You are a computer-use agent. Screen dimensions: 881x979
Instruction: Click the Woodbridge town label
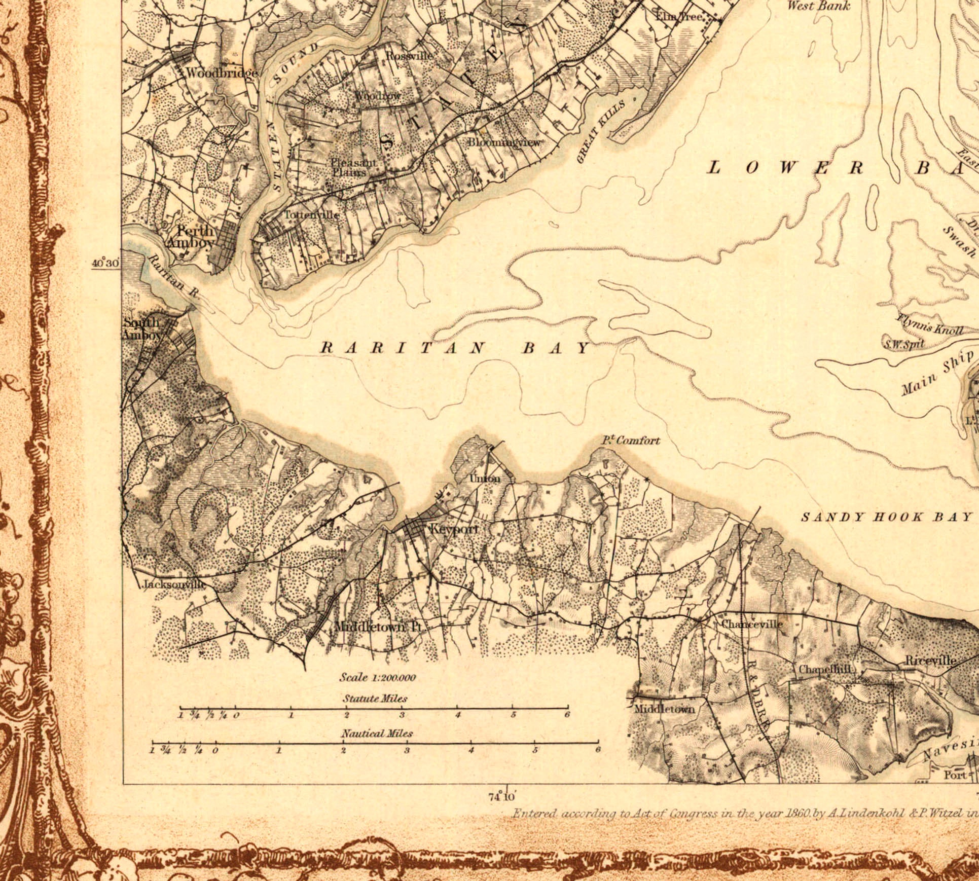[x=222, y=73]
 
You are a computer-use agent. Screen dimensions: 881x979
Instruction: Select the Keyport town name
[x=454, y=529]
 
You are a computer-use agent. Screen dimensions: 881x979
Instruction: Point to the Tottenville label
[x=311, y=214]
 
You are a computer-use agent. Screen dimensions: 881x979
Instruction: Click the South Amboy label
[x=141, y=328]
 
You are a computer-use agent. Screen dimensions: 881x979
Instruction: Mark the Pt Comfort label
[x=631, y=440]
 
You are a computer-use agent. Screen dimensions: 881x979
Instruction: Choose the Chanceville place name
[x=751, y=624]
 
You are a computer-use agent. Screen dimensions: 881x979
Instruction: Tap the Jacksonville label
[x=174, y=584]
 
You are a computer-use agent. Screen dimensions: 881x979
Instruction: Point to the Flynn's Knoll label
[x=930, y=324]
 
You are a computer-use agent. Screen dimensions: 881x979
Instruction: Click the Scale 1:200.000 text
[x=378, y=678]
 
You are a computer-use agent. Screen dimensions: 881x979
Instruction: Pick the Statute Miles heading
[x=375, y=699]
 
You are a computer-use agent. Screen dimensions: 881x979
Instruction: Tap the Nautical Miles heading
[x=377, y=733]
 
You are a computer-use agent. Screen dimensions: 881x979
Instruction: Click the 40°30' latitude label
[x=105, y=264]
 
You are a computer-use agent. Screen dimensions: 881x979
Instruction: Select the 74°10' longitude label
[x=502, y=797]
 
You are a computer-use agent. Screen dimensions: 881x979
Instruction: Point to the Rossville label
[x=409, y=55]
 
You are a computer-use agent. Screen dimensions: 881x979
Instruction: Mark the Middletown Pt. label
[x=378, y=627]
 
